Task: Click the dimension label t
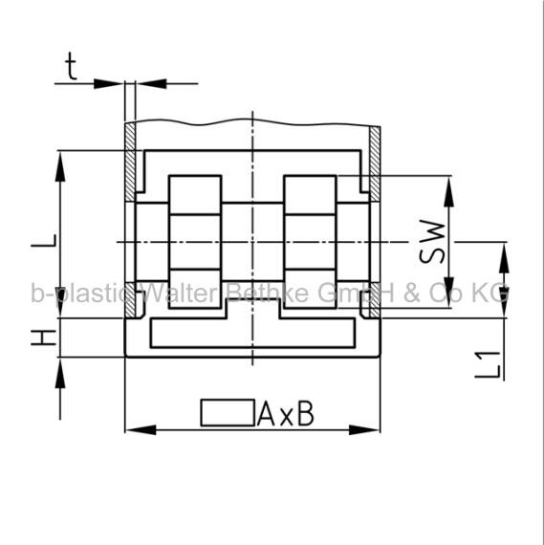tap(72, 66)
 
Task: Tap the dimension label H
tap(43, 338)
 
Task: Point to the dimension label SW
tap(432, 242)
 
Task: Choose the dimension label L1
tap(488, 365)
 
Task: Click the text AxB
tap(286, 414)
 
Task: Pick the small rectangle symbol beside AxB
tap(228, 412)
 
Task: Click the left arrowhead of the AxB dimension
tap(141, 430)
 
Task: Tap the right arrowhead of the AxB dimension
tap(364, 430)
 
